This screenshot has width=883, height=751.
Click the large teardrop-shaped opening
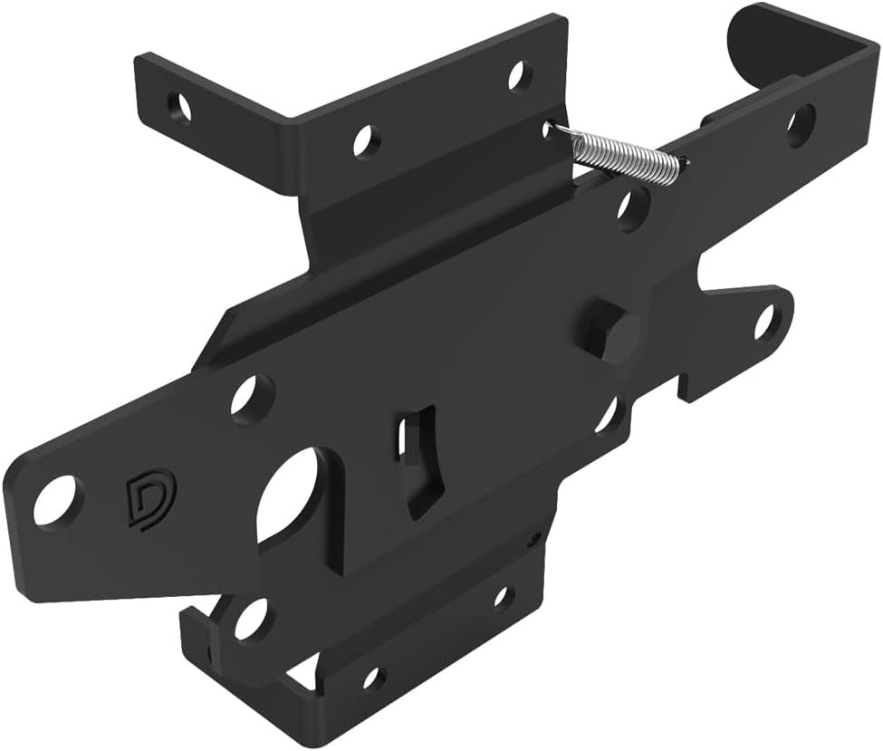[x=287, y=496]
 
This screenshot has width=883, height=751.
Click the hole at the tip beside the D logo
[x=55, y=501]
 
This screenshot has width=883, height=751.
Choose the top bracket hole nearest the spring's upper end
[x=518, y=74]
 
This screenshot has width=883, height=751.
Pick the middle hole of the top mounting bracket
[x=365, y=140]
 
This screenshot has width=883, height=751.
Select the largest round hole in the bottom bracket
[x=251, y=619]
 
